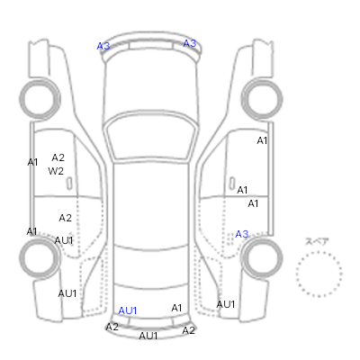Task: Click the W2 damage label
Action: pos(56,171)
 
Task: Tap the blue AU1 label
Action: pos(128,310)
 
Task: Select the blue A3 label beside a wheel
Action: pos(242,234)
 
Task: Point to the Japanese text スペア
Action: pos(317,241)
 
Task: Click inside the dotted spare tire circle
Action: pos(319,274)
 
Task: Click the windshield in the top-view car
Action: pos(151,137)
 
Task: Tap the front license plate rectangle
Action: pos(151,46)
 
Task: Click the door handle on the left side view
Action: pos(69,184)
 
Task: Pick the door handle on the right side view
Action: pos(232,183)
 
